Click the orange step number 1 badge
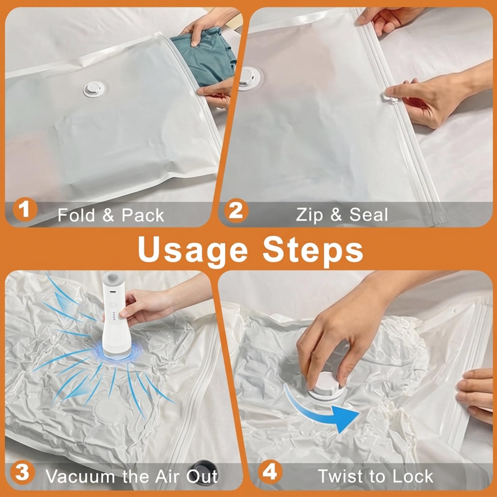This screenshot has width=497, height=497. click(25, 209)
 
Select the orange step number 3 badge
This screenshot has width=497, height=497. click(22, 472)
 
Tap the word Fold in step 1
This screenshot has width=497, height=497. click(76, 215)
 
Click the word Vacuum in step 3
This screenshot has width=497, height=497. click(80, 476)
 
